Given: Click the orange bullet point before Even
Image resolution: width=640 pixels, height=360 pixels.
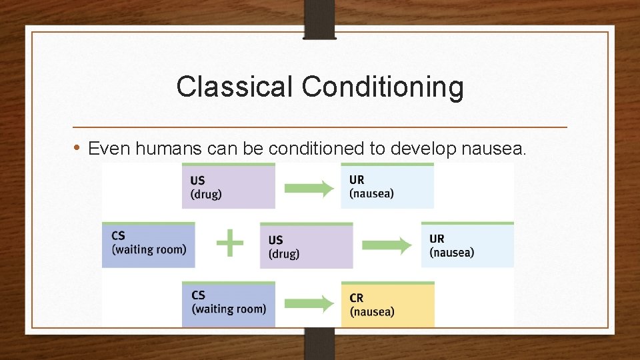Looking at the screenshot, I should [77, 147].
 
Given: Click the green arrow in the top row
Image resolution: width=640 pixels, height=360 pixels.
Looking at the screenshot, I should [309, 188].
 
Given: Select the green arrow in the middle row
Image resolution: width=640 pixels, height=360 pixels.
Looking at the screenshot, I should [387, 246].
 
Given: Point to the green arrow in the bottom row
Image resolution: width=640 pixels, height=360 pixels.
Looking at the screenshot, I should [309, 305].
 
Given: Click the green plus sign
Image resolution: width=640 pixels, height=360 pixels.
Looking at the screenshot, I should [230, 243].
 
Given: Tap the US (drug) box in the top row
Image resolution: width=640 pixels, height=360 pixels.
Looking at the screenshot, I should [228, 187].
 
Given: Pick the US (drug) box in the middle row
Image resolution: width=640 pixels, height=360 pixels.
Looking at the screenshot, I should [306, 246].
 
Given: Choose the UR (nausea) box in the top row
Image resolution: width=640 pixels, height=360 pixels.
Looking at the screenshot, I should [387, 187].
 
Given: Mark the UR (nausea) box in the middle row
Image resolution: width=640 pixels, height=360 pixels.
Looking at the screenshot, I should [467, 245].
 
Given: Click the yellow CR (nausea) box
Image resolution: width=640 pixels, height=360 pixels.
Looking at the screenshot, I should [387, 305].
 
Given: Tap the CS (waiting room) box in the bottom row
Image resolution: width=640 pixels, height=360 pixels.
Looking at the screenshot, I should [228, 304].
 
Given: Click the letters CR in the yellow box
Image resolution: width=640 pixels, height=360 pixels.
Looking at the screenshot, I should [357, 297].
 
